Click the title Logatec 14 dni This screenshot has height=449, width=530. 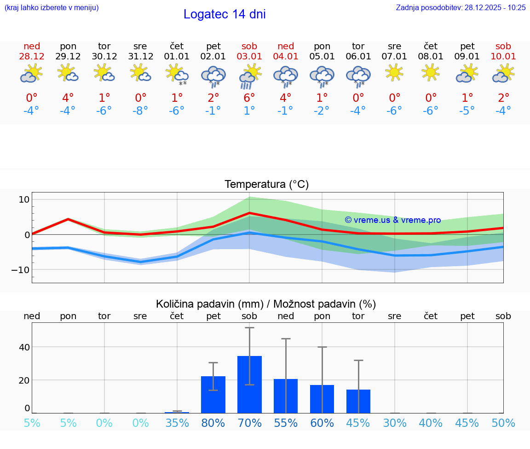pyautogui.click(x=225, y=14)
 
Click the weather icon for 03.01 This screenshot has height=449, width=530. pyautogui.click(x=249, y=76)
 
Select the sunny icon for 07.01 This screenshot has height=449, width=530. pyautogui.click(x=394, y=73)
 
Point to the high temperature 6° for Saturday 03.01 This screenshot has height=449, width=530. pyautogui.click(x=249, y=98)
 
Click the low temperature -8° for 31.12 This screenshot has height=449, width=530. pyautogui.click(x=140, y=111)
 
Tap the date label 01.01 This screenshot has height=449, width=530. pyautogui.click(x=177, y=57)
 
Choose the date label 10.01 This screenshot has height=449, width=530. pyautogui.click(x=503, y=57)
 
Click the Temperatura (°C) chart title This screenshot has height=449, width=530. pyautogui.click(x=266, y=185)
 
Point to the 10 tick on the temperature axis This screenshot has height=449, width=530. pyautogui.click(x=24, y=199)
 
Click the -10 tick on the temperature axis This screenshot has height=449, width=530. pyautogui.click(x=21, y=269)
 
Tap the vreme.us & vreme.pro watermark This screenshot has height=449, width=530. pyautogui.click(x=392, y=220)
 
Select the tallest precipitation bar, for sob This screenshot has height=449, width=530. pyautogui.click(x=249, y=384)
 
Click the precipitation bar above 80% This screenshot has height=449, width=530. pyautogui.click(x=213, y=394)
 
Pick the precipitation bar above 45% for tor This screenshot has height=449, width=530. pyautogui.click(x=358, y=401)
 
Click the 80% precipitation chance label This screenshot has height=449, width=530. pyautogui.click(x=213, y=423)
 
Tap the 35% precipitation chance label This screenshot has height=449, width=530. pyautogui.click(x=177, y=423)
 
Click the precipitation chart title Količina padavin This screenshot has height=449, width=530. pyautogui.click(x=266, y=304)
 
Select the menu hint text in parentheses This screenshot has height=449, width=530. pyautogui.click(x=52, y=8)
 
